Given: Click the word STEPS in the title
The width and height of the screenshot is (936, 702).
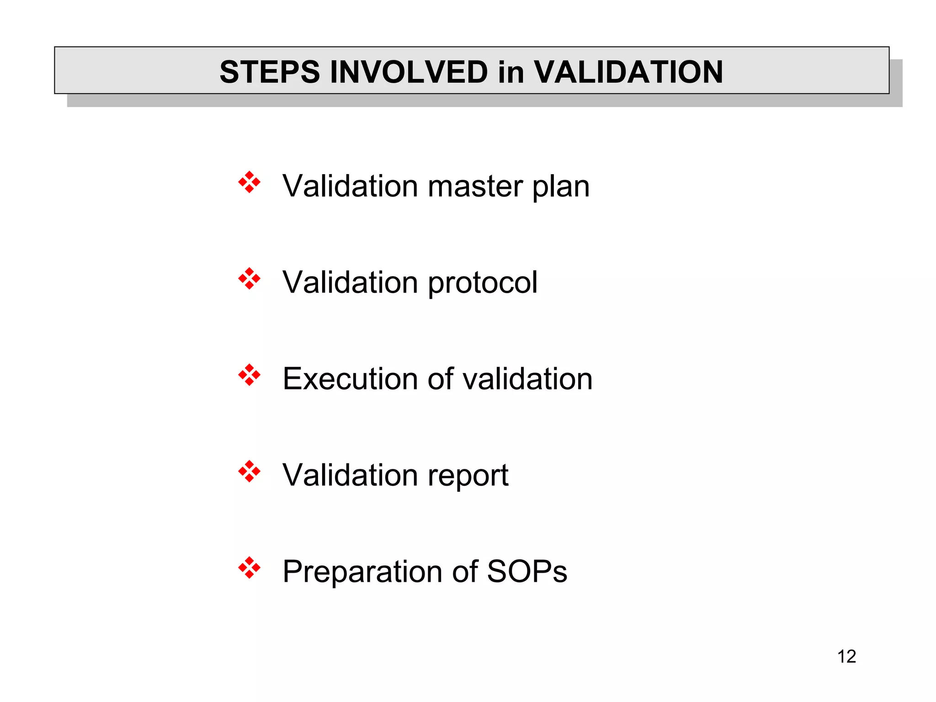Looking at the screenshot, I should [270, 72].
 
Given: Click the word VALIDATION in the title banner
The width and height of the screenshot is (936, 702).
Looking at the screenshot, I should [628, 72].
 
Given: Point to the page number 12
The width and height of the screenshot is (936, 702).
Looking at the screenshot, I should [846, 656].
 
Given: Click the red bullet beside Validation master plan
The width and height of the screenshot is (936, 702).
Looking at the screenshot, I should [249, 182].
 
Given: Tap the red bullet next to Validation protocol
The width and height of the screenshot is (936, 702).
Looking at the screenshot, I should [249, 279].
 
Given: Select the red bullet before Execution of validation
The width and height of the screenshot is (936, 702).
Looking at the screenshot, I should [249, 375].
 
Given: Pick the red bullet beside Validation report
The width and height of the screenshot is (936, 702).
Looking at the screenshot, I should [249, 472].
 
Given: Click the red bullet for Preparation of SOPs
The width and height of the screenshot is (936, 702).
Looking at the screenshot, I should [249, 568].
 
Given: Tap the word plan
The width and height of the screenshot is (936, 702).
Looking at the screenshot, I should [561, 187].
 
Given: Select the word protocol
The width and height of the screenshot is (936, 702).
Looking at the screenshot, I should [483, 283].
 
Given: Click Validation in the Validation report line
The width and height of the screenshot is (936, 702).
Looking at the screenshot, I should [350, 475].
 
